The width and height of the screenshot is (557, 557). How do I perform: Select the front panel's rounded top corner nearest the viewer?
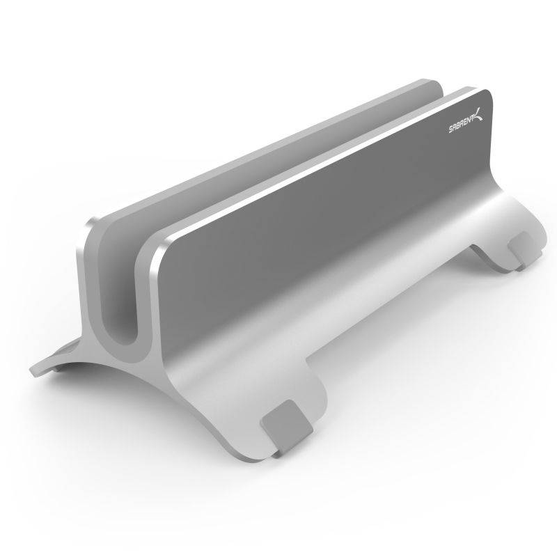tap(157, 247)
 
